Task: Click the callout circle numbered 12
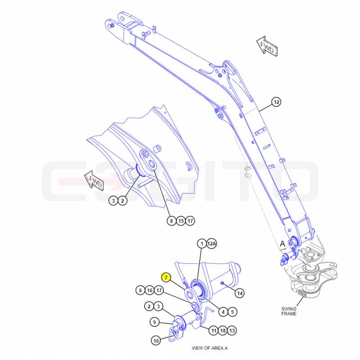click(276, 102)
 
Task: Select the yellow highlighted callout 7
click(166, 277)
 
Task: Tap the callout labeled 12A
click(211, 243)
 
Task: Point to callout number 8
click(171, 221)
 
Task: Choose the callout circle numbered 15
click(181, 221)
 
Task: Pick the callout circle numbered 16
click(150, 290)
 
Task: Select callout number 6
click(140, 290)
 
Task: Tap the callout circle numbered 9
click(154, 322)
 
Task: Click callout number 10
click(156, 340)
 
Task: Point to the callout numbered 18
click(223, 331)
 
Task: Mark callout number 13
click(232, 331)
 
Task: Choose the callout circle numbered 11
click(214, 331)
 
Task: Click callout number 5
click(232, 312)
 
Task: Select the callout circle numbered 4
click(223, 312)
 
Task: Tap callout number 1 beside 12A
click(202, 243)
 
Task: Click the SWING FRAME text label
click(289, 311)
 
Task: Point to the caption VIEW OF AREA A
click(210, 348)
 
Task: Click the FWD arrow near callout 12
click(267, 46)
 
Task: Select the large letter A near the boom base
click(283, 244)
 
